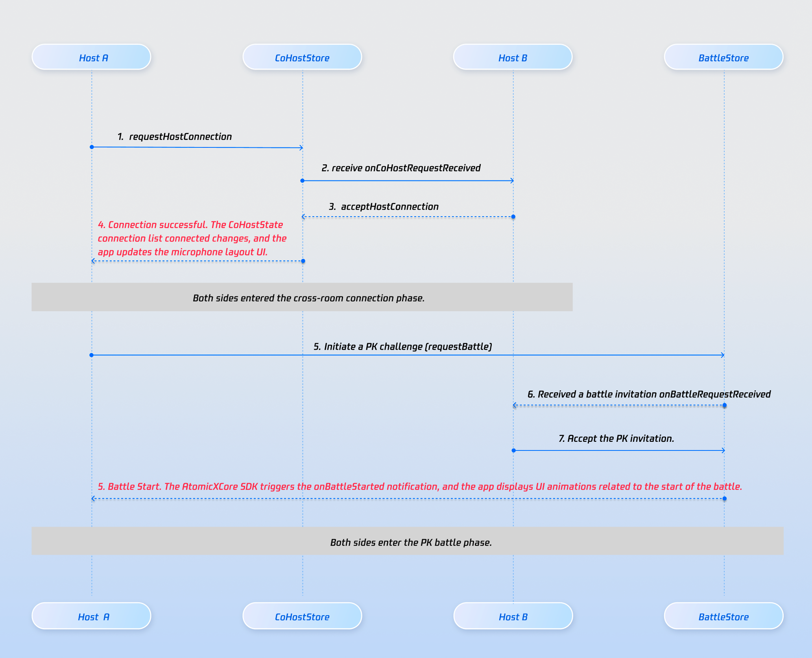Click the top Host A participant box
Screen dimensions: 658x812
pos(91,57)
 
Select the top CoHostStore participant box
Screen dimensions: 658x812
pos(302,57)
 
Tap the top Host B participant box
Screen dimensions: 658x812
pos(513,57)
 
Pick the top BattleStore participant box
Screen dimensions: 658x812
pos(723,57)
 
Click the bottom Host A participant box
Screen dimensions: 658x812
pos(91,616)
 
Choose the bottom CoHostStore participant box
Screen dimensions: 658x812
pos(302,616)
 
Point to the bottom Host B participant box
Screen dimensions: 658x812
pos(513,616)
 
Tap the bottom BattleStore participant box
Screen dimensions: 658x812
pos(723,616)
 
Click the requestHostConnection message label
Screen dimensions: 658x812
pos(180,137)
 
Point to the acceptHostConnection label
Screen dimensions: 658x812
pos(389,207)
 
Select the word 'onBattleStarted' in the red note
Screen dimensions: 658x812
pos(349,487)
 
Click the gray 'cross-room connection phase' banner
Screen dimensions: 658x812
pos(302,297)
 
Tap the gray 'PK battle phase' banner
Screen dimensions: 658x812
pos(407,541)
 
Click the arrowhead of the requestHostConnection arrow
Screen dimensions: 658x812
pos(301,148)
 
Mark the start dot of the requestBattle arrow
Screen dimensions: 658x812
pos(92,355)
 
